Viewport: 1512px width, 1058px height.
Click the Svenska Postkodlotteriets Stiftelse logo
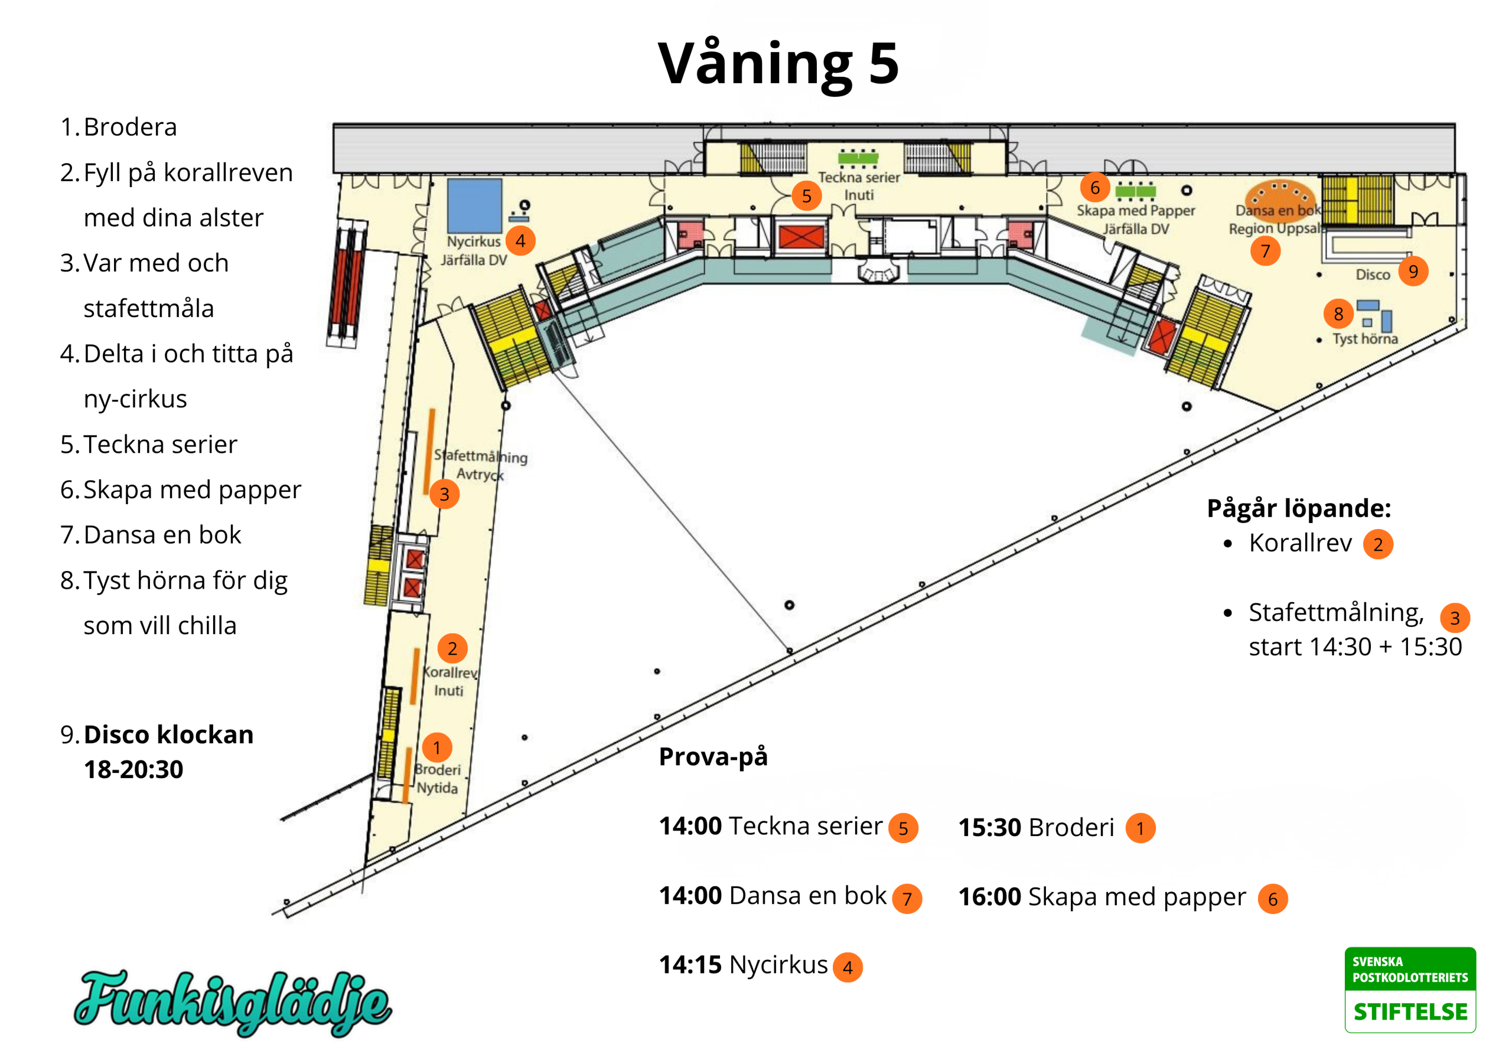pyautogui.click(x=1409, y=989)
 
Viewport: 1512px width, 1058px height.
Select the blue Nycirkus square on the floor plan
pyautogui.click(x=474, y=205)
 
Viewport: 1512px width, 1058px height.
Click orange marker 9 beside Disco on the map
pyautogui.click(x=1413, y=271)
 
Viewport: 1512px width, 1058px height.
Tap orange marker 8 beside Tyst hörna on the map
pyautogui.click(x=1338, y=314)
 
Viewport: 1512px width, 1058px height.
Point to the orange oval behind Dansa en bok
pyautogui.click(x=1279, y=198)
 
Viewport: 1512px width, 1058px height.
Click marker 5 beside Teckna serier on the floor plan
pyautogui.click(x=806, y=195)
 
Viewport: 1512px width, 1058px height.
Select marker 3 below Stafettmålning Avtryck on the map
pyautogui.click(x=445, y=494)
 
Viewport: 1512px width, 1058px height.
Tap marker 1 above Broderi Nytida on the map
pyautogui.click(x=436, y=747)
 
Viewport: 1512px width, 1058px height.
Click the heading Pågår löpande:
pyautogui.click(x=1299, y=509)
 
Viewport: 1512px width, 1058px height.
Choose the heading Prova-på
pyautogui.click(x=713, y=756)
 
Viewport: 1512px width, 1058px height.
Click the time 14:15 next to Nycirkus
pyautogui.click(x=690, y=965)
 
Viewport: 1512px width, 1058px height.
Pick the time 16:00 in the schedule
pyautogui.click(x=989, y=897)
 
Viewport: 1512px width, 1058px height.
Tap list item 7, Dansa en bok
pyautogui.click(x=151, y=534)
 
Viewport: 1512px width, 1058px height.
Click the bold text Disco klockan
pyautogui.click(x=168, y=734)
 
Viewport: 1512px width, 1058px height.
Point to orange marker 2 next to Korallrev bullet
pyautogui.click(x=1378, y=544)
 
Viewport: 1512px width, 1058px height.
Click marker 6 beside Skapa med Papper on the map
pyautogui.click(x=1094, y=188)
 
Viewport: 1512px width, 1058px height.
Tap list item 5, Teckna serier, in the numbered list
pyautogui.click(x=149, y=445)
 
